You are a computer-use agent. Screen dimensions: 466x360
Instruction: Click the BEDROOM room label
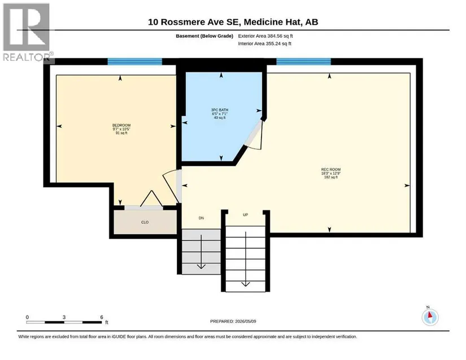[121, 125]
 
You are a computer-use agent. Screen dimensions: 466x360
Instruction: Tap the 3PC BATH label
[220, 110]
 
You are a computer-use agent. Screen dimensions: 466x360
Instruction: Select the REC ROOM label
[331, 169]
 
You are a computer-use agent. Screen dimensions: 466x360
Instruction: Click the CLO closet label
[145, 222]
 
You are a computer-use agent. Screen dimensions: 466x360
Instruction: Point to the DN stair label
[201, 218]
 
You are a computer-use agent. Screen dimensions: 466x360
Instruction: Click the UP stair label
[246, 215]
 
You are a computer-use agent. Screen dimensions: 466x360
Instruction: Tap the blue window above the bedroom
[134, 62]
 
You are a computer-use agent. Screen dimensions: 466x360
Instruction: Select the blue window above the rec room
[303, 62]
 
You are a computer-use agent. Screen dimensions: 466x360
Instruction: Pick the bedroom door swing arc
[169, 184]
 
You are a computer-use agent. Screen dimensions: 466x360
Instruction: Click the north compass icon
[430, 317]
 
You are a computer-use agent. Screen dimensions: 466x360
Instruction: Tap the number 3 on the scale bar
[64, 317]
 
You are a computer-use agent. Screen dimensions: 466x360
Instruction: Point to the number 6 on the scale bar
[102, 317]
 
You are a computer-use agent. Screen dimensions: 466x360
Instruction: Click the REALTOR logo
[27, 32]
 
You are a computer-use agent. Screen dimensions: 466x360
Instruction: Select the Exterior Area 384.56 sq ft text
[265, 36]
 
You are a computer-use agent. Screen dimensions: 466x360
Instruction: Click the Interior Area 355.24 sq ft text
[264, 43]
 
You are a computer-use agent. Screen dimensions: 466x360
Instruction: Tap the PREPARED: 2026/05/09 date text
[233, 322]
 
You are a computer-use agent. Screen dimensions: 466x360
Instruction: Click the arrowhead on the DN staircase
[201, 266]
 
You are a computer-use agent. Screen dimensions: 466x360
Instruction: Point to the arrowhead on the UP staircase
[246, 284]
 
